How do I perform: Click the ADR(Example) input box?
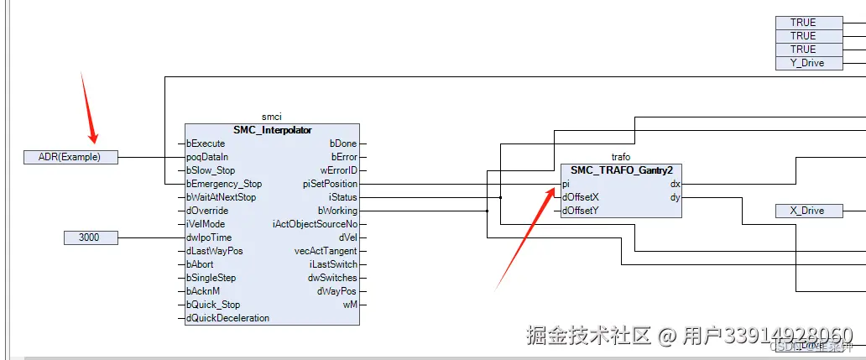(70, 157)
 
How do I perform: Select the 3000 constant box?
(89, 237)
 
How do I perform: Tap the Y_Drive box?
(808, 63)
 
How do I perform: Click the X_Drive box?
(809, 211)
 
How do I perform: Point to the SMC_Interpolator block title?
(272, 130)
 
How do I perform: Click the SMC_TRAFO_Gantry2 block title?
(620, 170)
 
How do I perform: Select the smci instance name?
(272, 117)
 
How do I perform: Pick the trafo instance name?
(620, 157)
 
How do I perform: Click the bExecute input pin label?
(206, 143)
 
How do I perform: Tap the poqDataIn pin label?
(207, 157)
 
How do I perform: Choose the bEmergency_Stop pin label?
(224, 184)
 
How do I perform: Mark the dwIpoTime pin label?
(209, 237)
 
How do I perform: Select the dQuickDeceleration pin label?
(228, 318)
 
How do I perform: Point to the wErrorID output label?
(338, 170)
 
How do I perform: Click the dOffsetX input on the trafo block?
(580, 197)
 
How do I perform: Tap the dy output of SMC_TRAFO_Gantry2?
(675, 197)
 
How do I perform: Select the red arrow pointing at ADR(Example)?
(88, 109)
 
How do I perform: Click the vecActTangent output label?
(326, 251)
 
